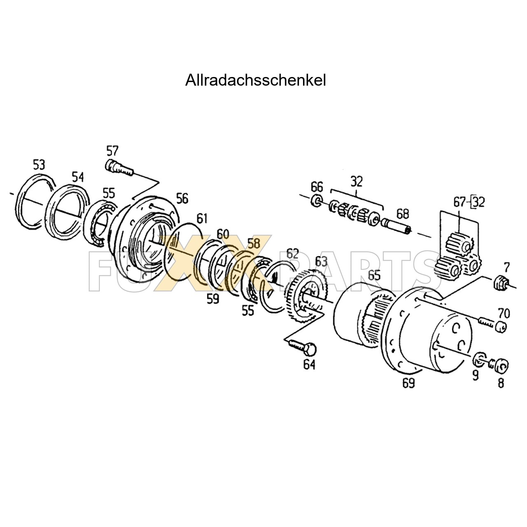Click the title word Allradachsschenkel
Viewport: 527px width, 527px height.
click(x=255, y=80)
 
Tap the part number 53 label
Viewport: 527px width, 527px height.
click(x=39, y=165)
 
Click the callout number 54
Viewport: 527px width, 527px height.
click(x=78, y=177)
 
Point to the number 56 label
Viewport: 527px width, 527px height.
click(x=182, y=198)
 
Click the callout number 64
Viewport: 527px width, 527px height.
click(x=309, y=364)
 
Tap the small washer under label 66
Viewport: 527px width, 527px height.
click(x=317, y=201)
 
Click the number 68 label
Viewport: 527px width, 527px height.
click(x=403, y=214)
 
